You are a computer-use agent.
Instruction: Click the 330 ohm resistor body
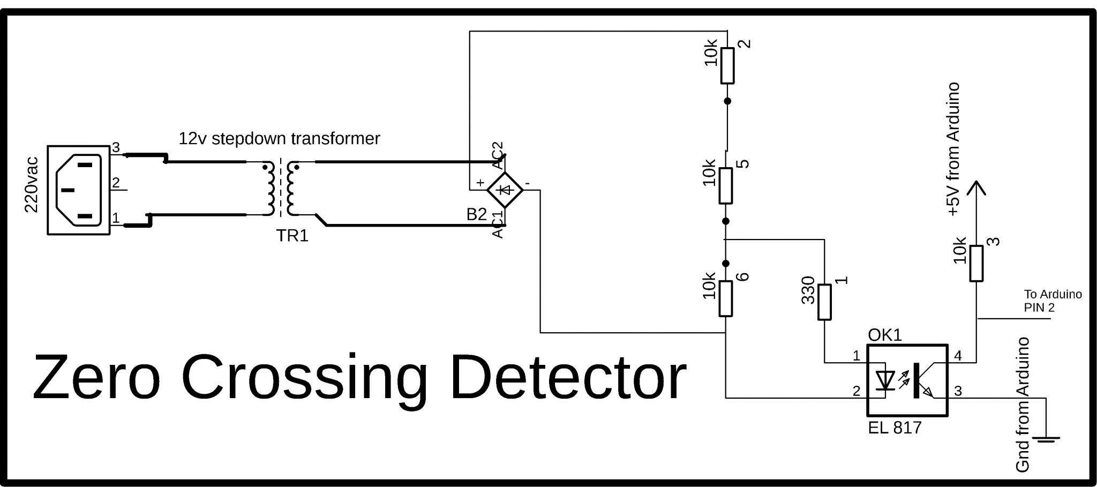coord(824,302)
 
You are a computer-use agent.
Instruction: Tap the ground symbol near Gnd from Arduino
coord(1046,439)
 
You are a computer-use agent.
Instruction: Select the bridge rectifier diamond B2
coord(505,190)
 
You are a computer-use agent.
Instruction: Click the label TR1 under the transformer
coord(292,236)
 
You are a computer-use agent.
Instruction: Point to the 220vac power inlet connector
coord(79,190)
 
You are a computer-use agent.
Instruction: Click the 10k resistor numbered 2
coord(727,65)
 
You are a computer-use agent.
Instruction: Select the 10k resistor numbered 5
coord(726,185)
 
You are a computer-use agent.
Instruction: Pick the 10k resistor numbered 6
coord(726,298)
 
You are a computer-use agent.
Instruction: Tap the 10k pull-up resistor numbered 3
coord(976,263)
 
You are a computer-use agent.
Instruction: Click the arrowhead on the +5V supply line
coord(976,188)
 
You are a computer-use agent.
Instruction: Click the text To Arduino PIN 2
coord(1052,301)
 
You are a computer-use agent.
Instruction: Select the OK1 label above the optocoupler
coord(884,335)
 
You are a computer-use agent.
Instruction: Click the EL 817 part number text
coord(895,428)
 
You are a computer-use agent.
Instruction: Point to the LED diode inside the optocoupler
coord(884,380)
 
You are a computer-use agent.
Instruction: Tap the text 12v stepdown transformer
coord(279,139)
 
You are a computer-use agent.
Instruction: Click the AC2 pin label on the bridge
coord(498,155)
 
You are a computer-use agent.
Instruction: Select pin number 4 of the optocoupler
coord(958,356)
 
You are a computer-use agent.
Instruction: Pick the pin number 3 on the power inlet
coord(115,148)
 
